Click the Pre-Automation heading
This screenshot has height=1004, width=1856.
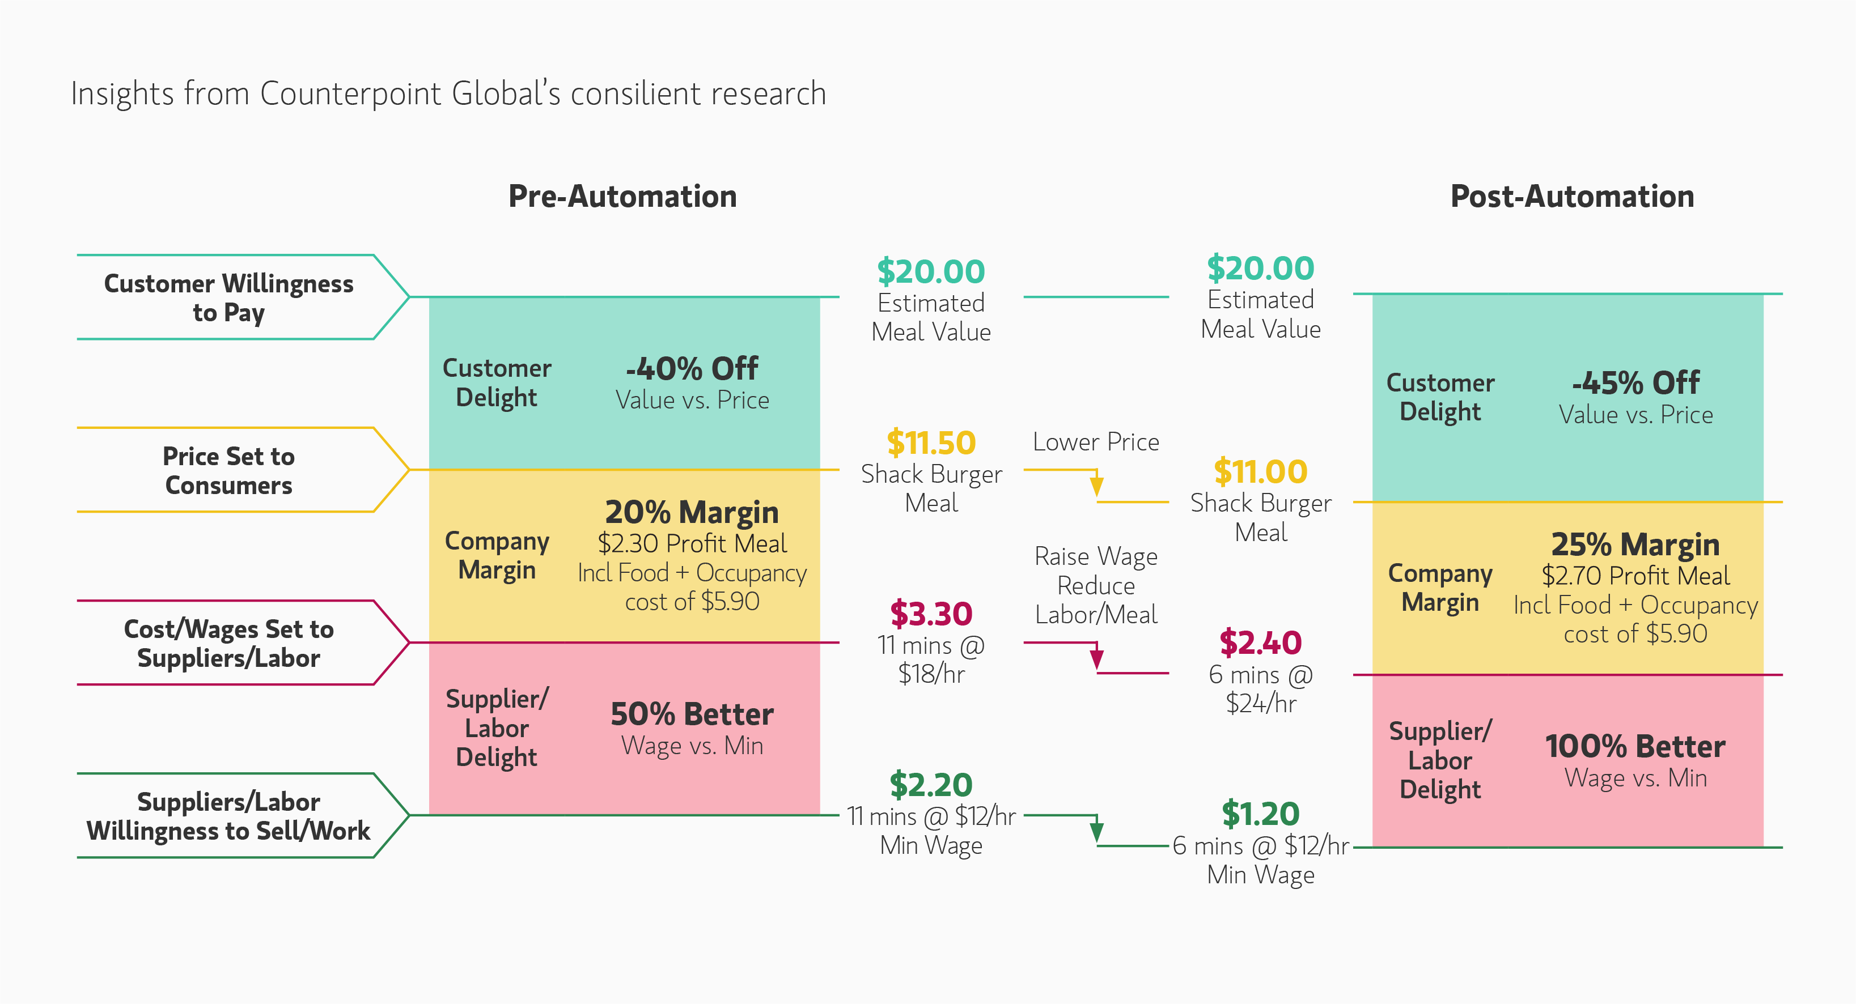(622, 197)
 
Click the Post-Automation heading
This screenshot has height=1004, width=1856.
(1571, 197)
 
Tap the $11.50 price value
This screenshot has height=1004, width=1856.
(931, 442)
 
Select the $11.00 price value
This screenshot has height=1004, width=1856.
(1260, 472)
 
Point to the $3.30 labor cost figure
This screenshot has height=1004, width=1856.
(931, 614)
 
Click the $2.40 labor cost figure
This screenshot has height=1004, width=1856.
(1260, 643)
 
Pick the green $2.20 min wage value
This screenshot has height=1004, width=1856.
(931, 784)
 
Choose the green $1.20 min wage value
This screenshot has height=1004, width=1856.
(1260, 814)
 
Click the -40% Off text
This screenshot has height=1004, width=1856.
(692, 369)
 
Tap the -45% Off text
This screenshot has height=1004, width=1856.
(1635, 383)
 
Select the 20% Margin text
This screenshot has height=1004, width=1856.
(692, 512)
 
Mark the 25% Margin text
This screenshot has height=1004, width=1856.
(1635, 544)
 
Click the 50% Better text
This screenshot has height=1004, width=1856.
(692, 714)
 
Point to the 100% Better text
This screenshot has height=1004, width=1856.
(1635, 746)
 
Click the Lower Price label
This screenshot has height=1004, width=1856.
(1096, 441)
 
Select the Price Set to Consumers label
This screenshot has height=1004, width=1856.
(228, 470)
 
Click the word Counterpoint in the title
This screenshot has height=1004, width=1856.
(350, 93)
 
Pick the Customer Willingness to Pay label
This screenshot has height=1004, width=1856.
(228, 297)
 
